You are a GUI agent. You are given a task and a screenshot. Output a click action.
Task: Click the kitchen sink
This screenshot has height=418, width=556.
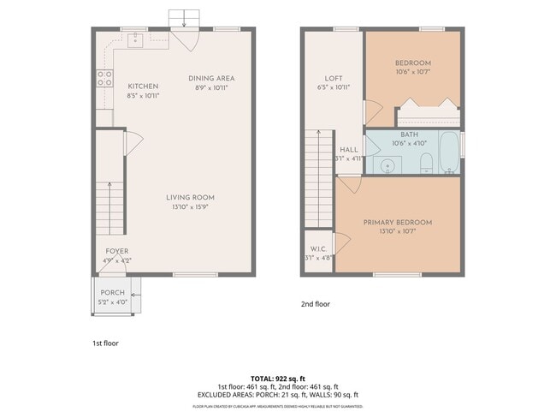(x=136, y=39)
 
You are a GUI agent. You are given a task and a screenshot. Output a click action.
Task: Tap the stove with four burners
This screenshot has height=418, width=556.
(x=104, y=78)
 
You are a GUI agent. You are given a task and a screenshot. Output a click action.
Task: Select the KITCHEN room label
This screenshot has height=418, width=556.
(x=143, y=87)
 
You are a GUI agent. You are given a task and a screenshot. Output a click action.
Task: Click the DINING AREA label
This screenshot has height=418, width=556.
(x=211, y=79)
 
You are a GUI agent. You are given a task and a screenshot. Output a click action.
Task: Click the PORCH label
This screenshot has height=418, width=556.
(x=112, y=293)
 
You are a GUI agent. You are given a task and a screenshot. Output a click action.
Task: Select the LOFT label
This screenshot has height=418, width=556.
(x=334, y=78)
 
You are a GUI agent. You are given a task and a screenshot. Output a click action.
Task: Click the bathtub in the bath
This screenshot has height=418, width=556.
(x=447, y=153)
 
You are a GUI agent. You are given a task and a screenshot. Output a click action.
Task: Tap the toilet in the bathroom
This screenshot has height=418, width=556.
(x=425, y=163)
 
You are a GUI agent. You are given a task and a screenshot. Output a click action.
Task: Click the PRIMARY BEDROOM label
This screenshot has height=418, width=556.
(x=398, y=223)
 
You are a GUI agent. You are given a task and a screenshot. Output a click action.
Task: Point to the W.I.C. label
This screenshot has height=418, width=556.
(x=316, y=249)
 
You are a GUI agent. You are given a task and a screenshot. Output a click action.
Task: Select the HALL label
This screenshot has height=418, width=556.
(x=348, y=149)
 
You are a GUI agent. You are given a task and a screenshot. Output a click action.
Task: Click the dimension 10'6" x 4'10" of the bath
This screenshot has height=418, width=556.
(x=408, y=143)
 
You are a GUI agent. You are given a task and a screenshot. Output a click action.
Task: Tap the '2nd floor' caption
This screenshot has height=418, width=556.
(x=315, y=304)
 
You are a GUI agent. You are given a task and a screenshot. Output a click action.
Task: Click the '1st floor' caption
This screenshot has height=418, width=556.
(x=105, y=343)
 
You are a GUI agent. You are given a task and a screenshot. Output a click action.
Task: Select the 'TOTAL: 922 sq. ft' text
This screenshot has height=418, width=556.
(x=277, y=378)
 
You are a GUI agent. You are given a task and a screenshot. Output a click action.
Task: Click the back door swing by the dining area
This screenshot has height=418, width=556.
(x=184, y=39)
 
